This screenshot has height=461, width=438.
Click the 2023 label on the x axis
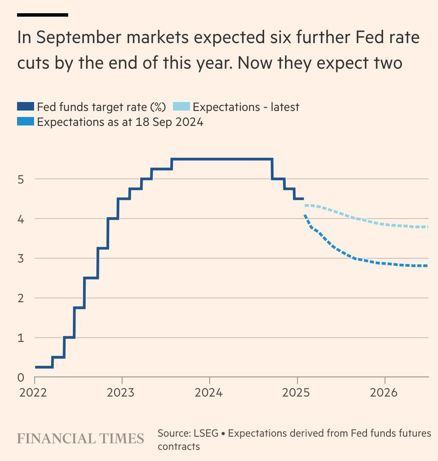122,392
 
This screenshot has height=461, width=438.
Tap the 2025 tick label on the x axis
297,392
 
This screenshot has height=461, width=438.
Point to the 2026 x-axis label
385,392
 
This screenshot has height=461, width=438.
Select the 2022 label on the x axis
34,392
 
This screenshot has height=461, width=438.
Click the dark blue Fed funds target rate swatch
25,107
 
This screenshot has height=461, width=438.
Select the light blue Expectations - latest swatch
181,107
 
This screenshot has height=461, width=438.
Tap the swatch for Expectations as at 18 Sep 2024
25,122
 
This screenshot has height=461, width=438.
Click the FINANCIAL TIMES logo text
81,438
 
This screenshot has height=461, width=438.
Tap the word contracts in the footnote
179,446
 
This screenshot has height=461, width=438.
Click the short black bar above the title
43,15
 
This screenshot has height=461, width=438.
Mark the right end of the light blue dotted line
427,227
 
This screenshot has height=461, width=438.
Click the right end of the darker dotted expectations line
427,266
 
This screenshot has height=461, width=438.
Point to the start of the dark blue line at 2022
35,367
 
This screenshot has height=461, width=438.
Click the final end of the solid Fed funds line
303,199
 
